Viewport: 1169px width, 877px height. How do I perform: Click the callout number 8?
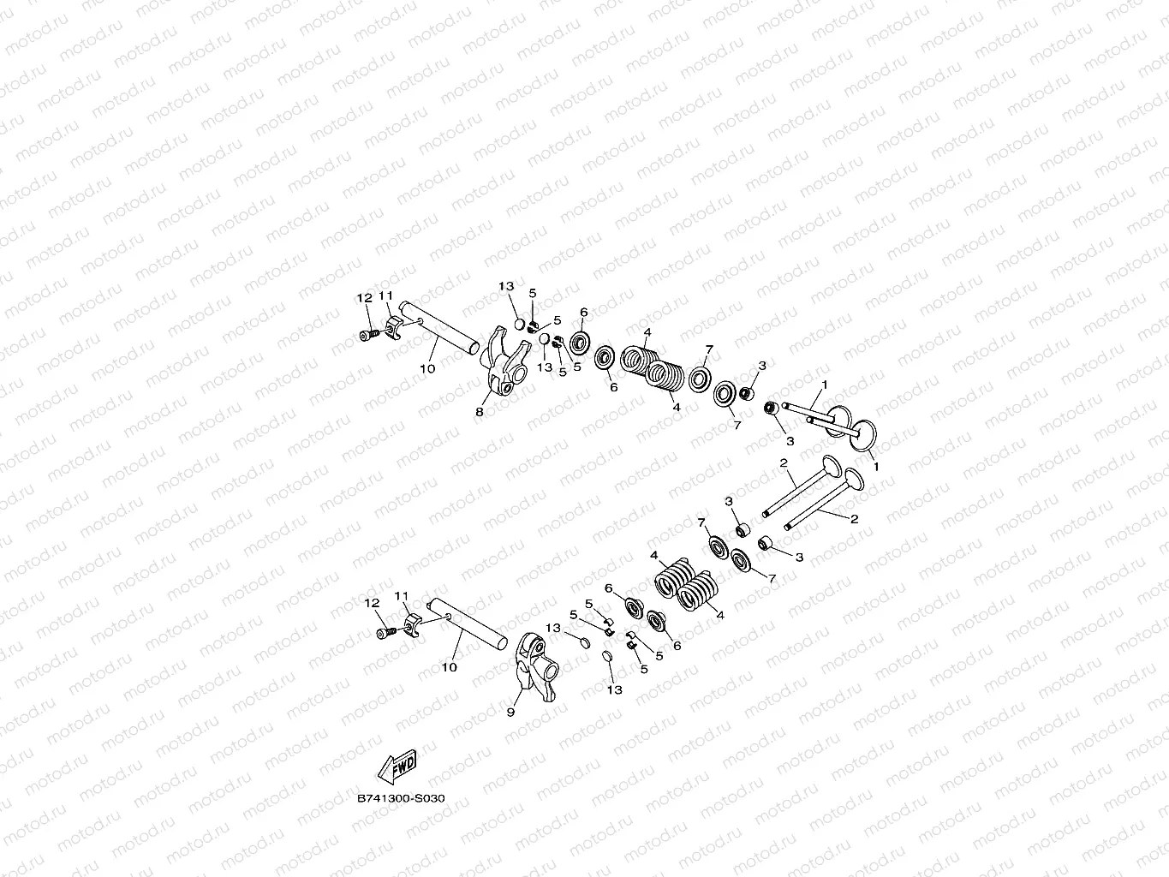[x=480, y=412]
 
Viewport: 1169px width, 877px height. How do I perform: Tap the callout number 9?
[x=510, y=713]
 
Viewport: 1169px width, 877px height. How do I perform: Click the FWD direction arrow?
[x=397, y=767]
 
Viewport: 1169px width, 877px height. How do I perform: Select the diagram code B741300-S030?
[x=401, y=799]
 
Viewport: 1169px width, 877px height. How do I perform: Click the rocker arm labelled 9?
[x=537, y=665]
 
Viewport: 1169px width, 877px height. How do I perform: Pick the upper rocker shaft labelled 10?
[x=440, y=329]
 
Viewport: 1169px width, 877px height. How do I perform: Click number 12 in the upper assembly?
[x=364, y=298]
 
